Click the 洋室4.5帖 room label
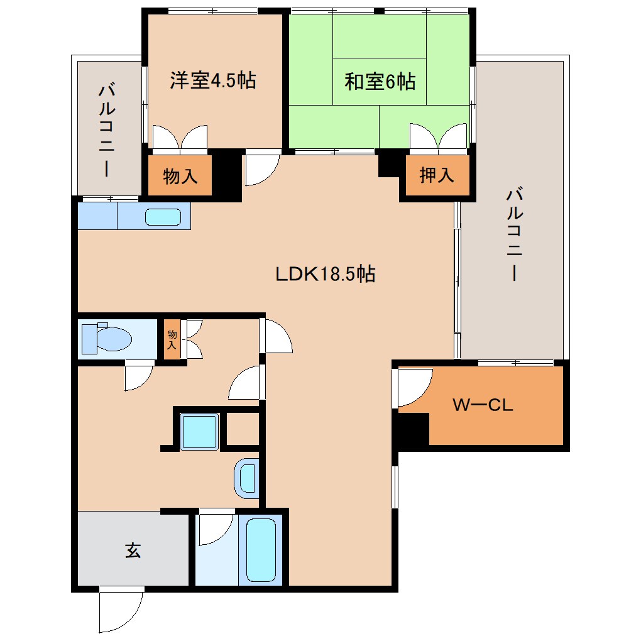(x=213, y=80)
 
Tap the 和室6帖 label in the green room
(x=380, y=81)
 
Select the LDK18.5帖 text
(x=325, y=274)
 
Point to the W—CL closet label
(x=483, y=405)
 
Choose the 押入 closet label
(x=436, y=176)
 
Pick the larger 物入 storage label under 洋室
(x=180, y=177)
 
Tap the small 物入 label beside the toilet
(x=172, y=340)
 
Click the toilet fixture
(x=107, y=339)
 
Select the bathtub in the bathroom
(x=261, y=550)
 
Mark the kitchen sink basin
(x=163, y=217)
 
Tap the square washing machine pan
(x=199, y=431)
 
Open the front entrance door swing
(x=120, y=611)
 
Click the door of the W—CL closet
(x=413, y=386)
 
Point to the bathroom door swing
(x=214, y=528)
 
